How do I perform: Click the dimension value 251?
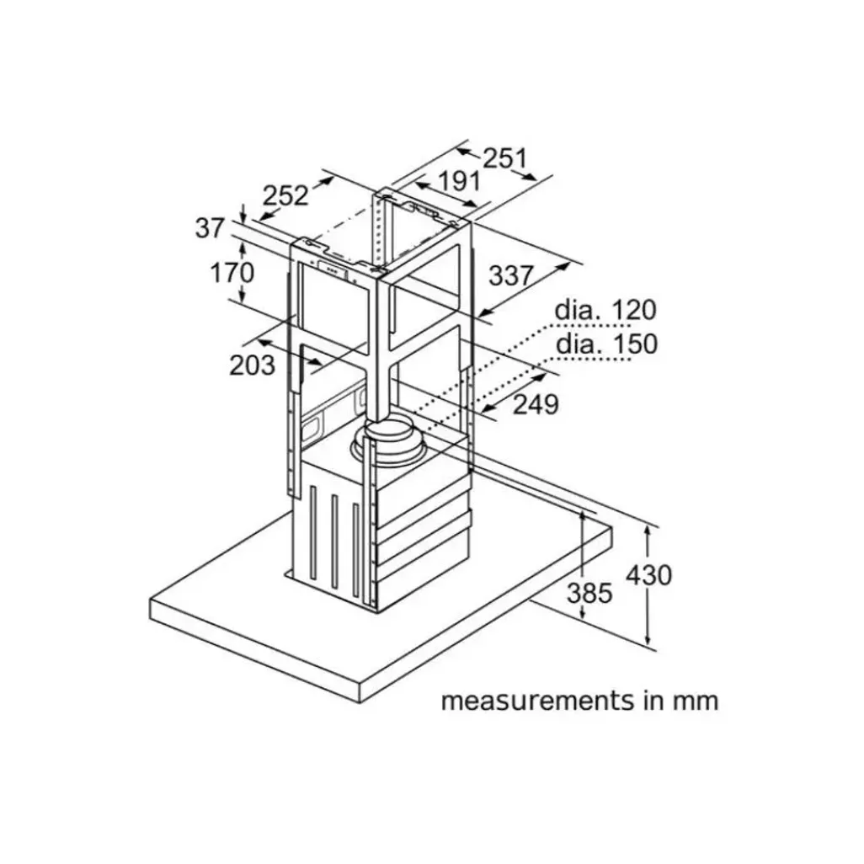click(x=505, y=157)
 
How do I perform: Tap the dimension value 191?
click(x=459, y=181)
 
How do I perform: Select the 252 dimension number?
click(x=285, y=195)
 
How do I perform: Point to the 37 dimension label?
click(x=211, y=227)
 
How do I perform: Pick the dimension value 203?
click(x=252, y=365)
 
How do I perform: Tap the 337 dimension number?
click(x=511, y=275)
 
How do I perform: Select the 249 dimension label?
click(x=536, y=404)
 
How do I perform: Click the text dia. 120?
click(x=604, y=310)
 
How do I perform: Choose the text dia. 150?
click(x=605, y=344)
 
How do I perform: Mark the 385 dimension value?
click(x=589, y=593)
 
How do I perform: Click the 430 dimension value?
click(x=648, y=575)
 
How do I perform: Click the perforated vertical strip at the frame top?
click(x=380, y=227)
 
